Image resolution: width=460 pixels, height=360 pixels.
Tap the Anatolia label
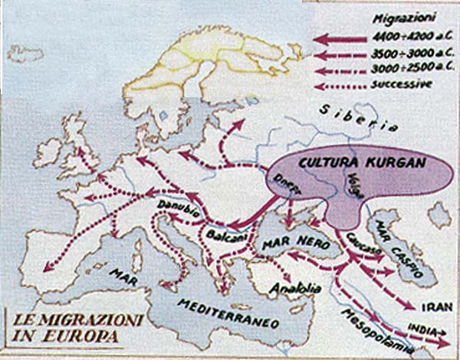pyautogui.click(x=289, y=289)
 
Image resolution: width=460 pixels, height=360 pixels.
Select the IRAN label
pyautogui.click(x=429, y=285)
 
